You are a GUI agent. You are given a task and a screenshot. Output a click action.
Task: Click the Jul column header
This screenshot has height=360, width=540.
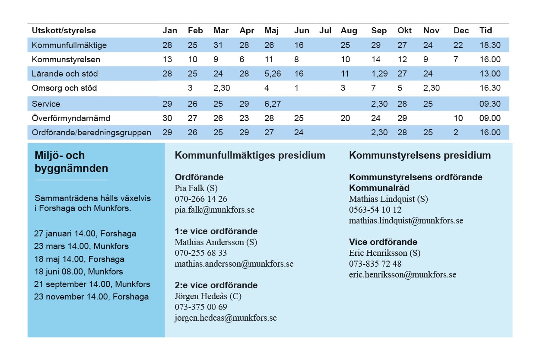pyautogui.click(x=325, y=30)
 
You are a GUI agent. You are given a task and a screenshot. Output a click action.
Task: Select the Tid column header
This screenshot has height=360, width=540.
pyautogui.click(x=486, y=30)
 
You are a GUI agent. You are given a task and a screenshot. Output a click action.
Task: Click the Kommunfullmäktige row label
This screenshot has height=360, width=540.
pyautogui.click(x=69, y=45)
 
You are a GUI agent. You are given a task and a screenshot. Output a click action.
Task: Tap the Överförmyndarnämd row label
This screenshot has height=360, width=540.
pyautogui.click(x=71, y=118)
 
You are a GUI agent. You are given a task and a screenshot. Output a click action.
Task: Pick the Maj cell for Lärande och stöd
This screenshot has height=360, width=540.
pyautogui.click(x=273, y=73)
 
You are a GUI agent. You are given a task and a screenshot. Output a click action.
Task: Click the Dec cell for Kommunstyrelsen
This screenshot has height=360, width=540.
pyautogui.click(x=456, y=59)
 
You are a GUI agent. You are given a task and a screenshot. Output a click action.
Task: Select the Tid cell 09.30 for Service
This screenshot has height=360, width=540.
pyautogui.click(x=490, y=104)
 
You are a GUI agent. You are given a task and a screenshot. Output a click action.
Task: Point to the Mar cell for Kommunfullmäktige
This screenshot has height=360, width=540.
pyautogui.click(x=218, y=45)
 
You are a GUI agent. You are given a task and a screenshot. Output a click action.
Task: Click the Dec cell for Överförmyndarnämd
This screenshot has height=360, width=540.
pyautogui.click(x=458, y=118)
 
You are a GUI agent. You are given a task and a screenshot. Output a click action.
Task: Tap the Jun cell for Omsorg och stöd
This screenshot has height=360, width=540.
pyautogui.click(x=296, y=88)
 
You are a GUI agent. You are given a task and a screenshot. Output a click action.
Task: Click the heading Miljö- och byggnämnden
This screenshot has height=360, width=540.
pyautogui.click(x=71, y=162)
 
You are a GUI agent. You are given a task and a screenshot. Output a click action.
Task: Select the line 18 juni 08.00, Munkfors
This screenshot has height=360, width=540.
pyautogui.click(x=79, y=271)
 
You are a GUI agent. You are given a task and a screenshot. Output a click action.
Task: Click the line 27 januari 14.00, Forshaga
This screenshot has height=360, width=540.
pyautogui.click(x=85, y=233)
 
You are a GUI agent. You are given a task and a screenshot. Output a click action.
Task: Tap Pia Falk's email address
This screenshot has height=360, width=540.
pyautogui.click(x=215, y=210)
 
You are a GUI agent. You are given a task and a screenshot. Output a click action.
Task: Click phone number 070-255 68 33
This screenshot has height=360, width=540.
pyautogui.click(x=201, y=253)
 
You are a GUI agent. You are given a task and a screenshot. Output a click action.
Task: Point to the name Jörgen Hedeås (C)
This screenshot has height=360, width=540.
pyautogui.click(x=208, y=296)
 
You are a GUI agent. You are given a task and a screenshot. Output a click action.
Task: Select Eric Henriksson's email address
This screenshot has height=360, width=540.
pyautogui.click(x=403, y=274)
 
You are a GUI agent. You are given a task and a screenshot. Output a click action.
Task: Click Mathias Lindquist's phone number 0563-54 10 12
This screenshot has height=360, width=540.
pyautogui.click(x=375, y=210)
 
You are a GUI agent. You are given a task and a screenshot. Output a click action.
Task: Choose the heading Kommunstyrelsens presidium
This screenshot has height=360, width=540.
pyautogui.click(x=420, y=155)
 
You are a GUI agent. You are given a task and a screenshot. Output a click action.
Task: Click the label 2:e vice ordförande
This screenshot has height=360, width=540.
pyautogui.click(x=216, y=285)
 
